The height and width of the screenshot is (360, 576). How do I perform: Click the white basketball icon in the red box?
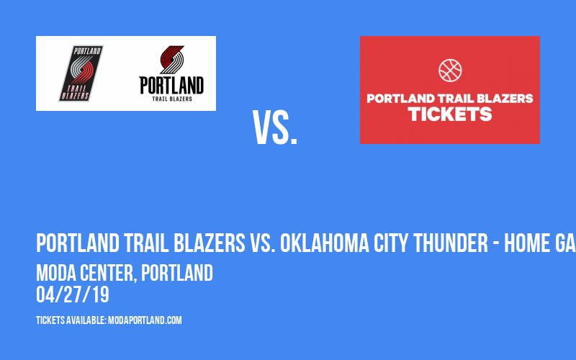[x=450, y=70]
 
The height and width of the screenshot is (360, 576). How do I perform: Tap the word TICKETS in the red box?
[x=450, y=114]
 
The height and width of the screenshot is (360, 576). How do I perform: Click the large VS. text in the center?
[x=275, y=128]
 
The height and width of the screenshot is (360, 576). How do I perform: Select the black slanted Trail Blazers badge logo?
[x=81, y=73]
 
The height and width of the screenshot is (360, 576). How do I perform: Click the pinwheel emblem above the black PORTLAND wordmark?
[x=171, y=60]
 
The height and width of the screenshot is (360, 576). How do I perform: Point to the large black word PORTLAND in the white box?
[x=171, y=86]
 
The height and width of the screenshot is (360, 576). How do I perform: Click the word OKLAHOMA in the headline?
[x=325, y=243]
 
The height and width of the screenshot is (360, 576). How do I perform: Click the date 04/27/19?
[x=73, y=294]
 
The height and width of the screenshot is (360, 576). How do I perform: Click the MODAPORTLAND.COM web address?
[x=145, y=320]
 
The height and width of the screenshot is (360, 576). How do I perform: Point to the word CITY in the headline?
[x=391, y=243]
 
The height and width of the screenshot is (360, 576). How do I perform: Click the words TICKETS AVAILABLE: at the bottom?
[x=71, y=320]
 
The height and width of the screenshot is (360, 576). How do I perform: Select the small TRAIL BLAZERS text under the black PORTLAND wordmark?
[x=172, y=99]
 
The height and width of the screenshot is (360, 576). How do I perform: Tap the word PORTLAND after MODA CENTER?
[x=177, y=273]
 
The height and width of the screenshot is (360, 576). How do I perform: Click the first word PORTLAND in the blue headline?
[x=78, y=243]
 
